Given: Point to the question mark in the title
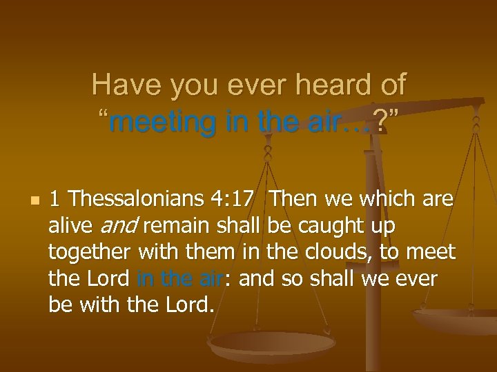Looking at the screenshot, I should (x=378, y=123).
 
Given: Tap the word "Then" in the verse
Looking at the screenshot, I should (x=293, y=199).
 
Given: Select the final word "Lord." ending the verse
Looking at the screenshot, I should (x=186, y=304).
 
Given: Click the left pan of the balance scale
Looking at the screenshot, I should (x=271, y=344).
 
